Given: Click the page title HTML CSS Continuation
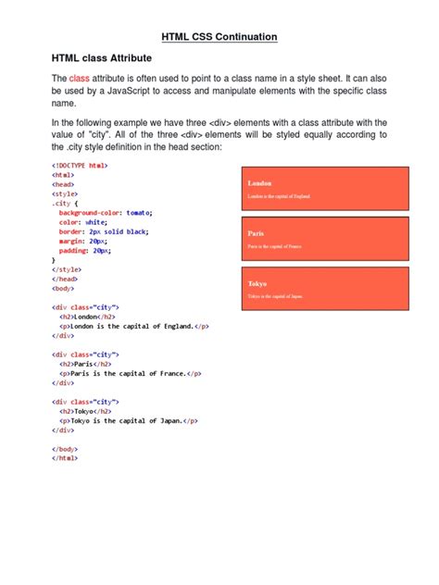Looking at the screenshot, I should [219, 37].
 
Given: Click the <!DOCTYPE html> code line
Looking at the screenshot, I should [80, 165].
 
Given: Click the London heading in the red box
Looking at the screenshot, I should [259, 184].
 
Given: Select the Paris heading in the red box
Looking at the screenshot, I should [256, 234].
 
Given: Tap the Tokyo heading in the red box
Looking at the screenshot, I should [257, 283].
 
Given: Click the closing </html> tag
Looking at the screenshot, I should [65, 457].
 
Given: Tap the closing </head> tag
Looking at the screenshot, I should [65, 278].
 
